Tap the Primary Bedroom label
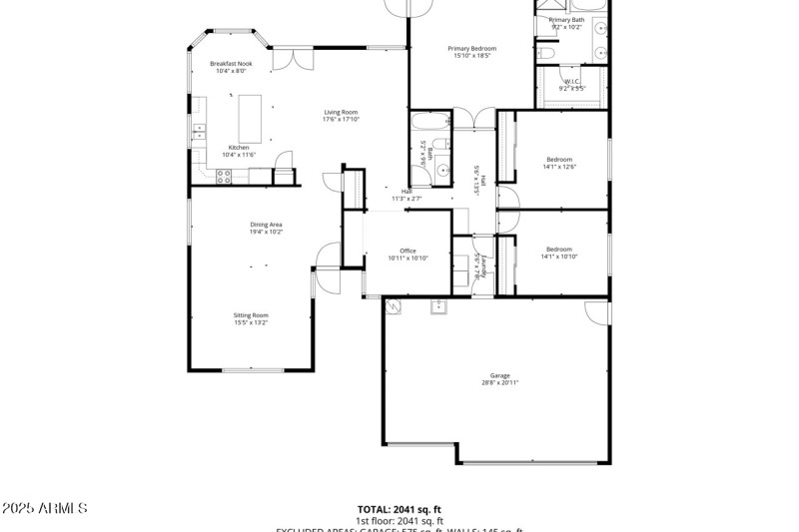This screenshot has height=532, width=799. coord(471,48)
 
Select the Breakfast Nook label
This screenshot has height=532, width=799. coord(231,64)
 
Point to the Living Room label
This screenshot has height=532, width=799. coord(341,112)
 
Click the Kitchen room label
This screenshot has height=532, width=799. coord(239,148)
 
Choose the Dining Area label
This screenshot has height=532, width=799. coord(266,225)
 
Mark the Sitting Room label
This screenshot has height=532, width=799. coord(251,315)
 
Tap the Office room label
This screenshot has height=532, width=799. coord(407,251)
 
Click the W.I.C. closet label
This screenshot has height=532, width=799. coord(572,82)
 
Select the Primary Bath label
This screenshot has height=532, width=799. coord(566,20)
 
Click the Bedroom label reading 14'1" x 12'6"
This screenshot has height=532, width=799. coord(559,160)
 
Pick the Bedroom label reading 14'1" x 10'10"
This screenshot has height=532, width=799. coord(559,249)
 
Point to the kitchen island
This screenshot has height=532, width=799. coord(249,118)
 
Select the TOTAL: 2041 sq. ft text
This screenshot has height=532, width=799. coord(399,509)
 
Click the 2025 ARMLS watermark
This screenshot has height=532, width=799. coord(44,509)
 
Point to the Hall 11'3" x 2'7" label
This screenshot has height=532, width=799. coord(406,195)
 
